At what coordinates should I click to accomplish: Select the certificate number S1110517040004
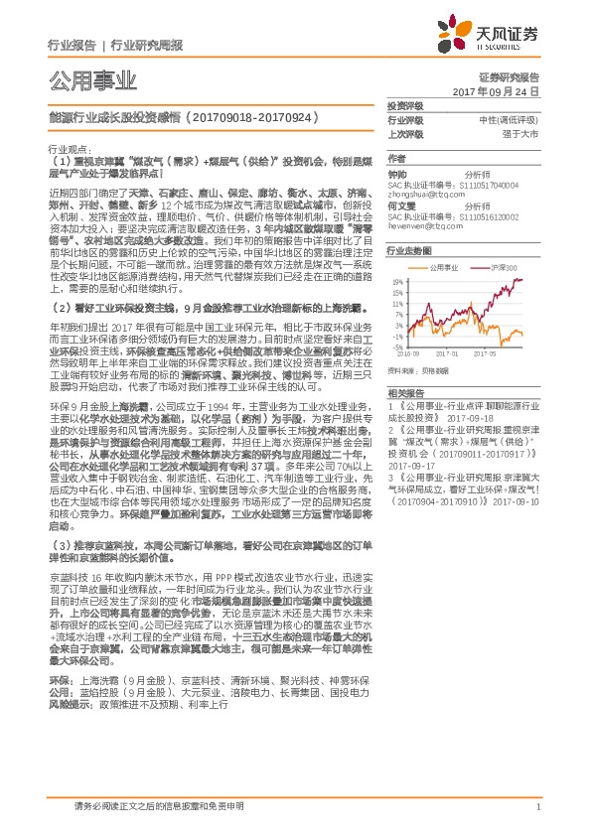pos(497,186)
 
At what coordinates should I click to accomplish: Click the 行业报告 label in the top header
pos(72,46)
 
